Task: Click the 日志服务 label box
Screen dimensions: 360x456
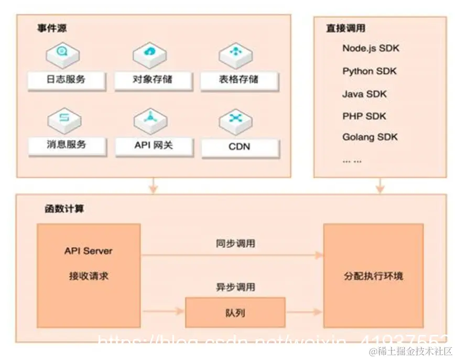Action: (x=66, y=80)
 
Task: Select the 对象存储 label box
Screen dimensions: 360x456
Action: (x=152, y=80)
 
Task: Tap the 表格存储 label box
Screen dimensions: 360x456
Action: (x=238, y=80)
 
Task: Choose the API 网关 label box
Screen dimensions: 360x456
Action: (x=152, y=146)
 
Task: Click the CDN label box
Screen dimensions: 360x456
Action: (x=240, y=147)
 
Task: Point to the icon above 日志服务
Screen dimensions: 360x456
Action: (x=63, y=52)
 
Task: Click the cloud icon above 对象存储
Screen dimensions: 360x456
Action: (x=150, y=52)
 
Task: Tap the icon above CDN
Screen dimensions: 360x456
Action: (x=235, y=117)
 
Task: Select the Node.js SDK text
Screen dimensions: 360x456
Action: (x=371, y=48)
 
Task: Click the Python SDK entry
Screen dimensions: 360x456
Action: (x=370, y=71)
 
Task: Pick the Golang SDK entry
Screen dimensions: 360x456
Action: (x=370, y=137)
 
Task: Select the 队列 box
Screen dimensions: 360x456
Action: (x=235, y=313)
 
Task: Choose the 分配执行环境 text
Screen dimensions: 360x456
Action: (x=373, y=276)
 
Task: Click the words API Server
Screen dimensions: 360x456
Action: (x=88, y=251)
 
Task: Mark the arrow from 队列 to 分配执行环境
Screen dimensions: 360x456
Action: (x=304, y=312)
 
